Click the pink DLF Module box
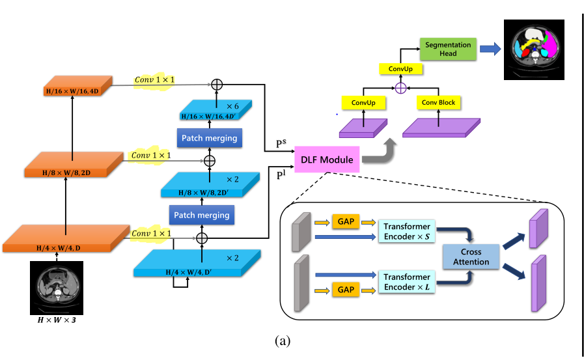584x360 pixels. [x=327, y=159]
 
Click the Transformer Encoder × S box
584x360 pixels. [x=406, y=231]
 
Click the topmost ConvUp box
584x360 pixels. [x=401, y=68]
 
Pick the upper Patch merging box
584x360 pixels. [x=208, y=138]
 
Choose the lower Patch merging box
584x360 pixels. [x=201, y=214]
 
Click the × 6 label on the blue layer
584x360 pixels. [x=232, y=105]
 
